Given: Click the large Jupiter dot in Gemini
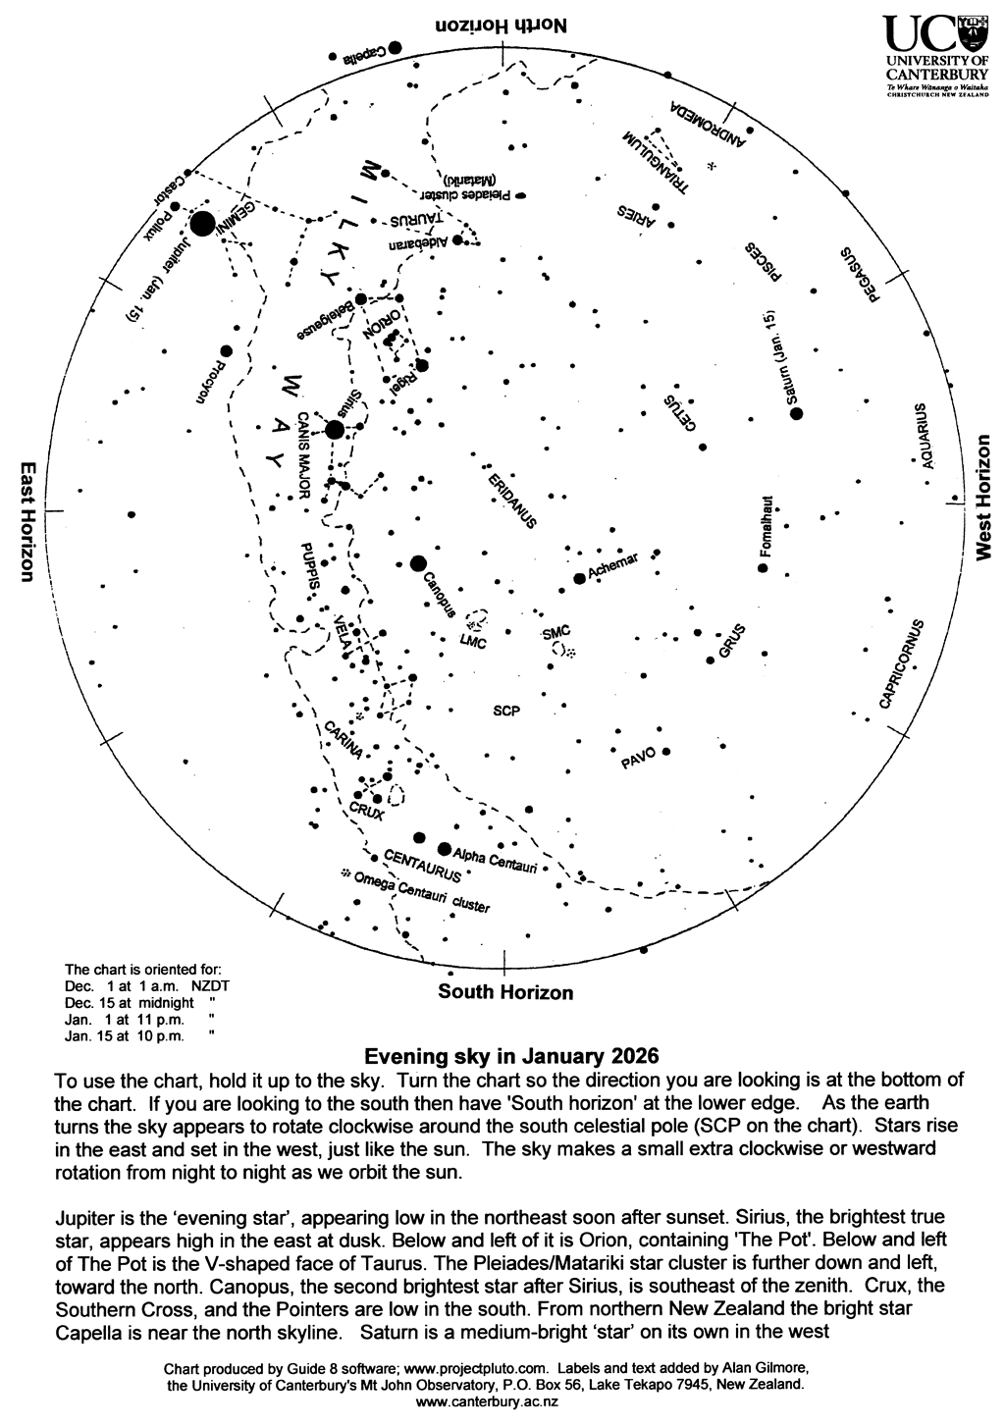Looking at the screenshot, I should point(203,224).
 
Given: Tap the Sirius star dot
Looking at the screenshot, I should point(335,429).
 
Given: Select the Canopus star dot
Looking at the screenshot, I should point(419,563).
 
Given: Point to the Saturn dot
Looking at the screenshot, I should point(797,414).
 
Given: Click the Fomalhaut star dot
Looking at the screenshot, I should point(763,569).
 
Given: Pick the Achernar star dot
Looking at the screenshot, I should point(579,579).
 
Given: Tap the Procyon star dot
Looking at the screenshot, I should point(226,350).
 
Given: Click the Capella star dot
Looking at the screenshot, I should point(395,47).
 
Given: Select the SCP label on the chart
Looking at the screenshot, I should point(506,711).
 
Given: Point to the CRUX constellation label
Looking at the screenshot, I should point(366,811).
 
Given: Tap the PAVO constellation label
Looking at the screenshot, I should point(638,759).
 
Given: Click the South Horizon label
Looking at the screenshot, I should point(505,992).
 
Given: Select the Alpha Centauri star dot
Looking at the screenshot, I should point(445,849).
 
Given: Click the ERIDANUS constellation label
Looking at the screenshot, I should point(511,500).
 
